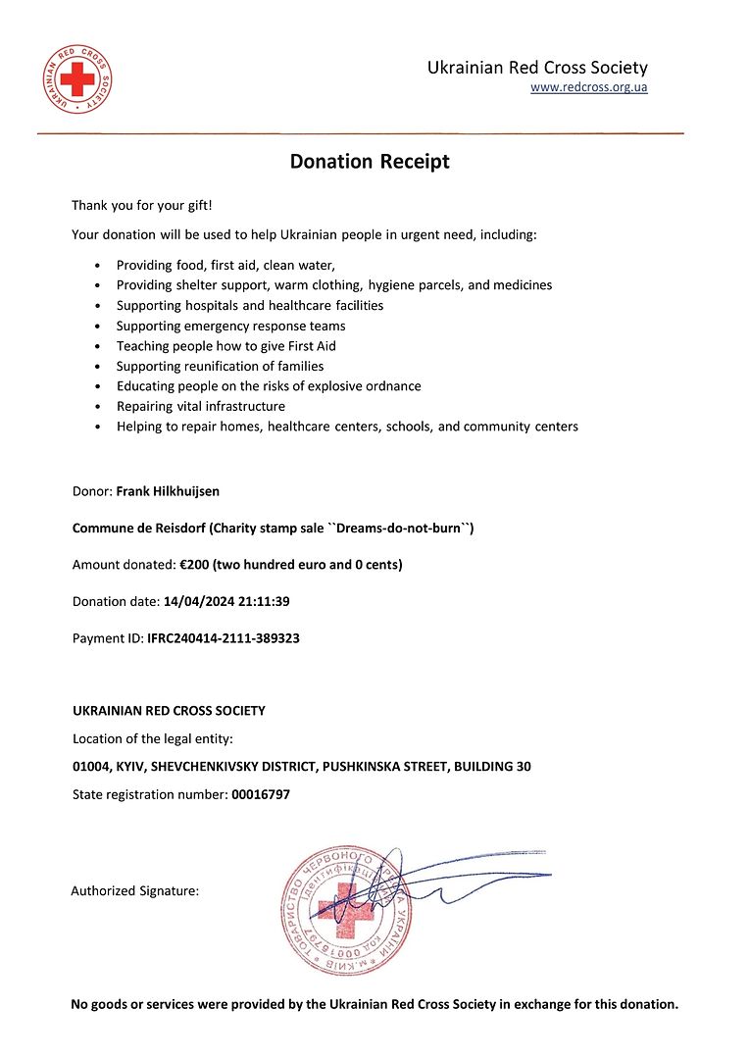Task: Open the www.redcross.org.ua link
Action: coord(588,87)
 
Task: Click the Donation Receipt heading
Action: coord(370,162)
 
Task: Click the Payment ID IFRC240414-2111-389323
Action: coord(224,638)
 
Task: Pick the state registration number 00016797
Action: coord(261,794)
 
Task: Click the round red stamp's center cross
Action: coord(346,909)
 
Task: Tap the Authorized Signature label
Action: coord(135,891)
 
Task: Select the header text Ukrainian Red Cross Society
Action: coord(537,68)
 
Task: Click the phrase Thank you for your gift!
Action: coord(141,205)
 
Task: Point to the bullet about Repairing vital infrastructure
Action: coord(201,406)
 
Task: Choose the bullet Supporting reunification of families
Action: coord(220,366)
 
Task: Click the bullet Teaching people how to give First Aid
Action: coord(225,346)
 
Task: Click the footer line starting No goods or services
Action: coord(374,1004)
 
